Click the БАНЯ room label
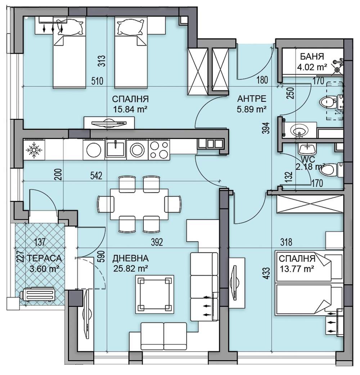coord(312,56)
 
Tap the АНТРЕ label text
coord(252,99)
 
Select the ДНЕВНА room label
coord(131,258)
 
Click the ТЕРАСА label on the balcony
coord(44,258)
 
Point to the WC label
coord(305,159)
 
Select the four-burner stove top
coord(159,150)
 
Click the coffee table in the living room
coord(155,294)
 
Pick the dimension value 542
coord(96,176)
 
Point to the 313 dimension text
coord(101,61)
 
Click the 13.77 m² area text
coord(297,269)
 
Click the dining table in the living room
coord(139,204)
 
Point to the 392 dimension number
coord(157,242)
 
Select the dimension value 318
coord(286,242)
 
